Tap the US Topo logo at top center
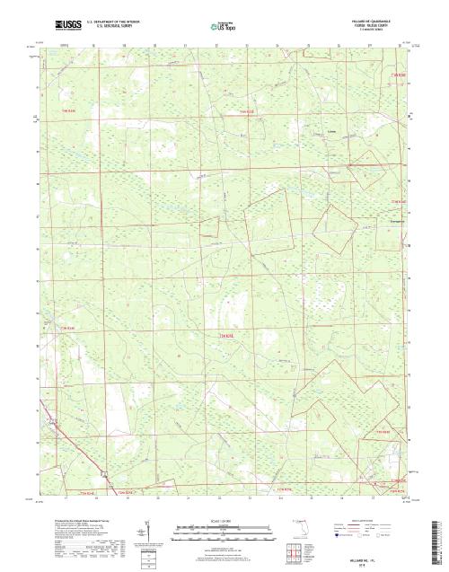tap(224, 26)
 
